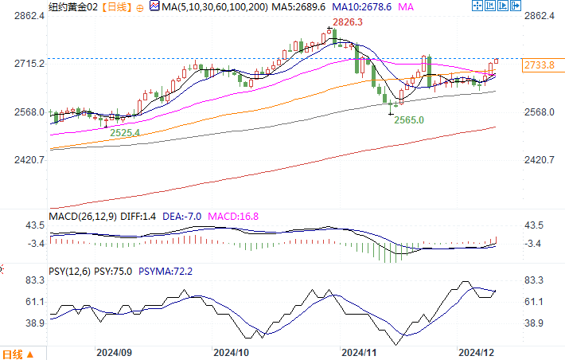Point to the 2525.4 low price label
coord(125,132)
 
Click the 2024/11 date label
coord(357,351)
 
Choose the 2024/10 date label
coord(232,351)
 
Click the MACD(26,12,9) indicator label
coord(81,214)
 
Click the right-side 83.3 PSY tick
coord(536,280)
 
